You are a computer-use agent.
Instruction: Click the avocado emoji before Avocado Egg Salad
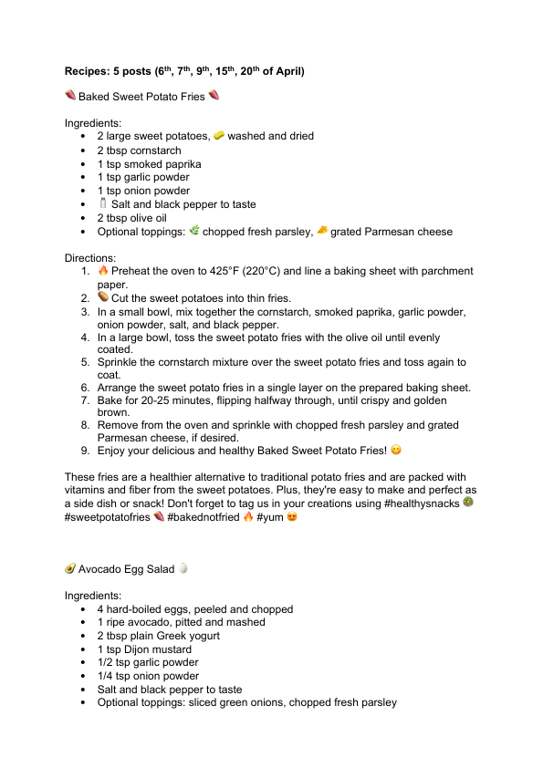[x=69, y=568]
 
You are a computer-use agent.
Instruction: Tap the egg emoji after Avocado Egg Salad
[x=183, y=568]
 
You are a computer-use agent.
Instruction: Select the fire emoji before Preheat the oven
[x=103, y=271]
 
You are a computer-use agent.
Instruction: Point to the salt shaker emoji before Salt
[x=103, y=204]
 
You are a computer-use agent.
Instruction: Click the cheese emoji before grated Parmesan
[x=321, y=232]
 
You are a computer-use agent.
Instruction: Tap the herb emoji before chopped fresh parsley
[x=193, y=232]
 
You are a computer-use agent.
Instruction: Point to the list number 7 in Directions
[x=84, y=400]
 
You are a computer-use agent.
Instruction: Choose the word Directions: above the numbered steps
[x=90, y=258]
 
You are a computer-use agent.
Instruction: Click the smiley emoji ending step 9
[x=396, y=451]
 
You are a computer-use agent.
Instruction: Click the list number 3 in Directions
[x=84, y=311]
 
